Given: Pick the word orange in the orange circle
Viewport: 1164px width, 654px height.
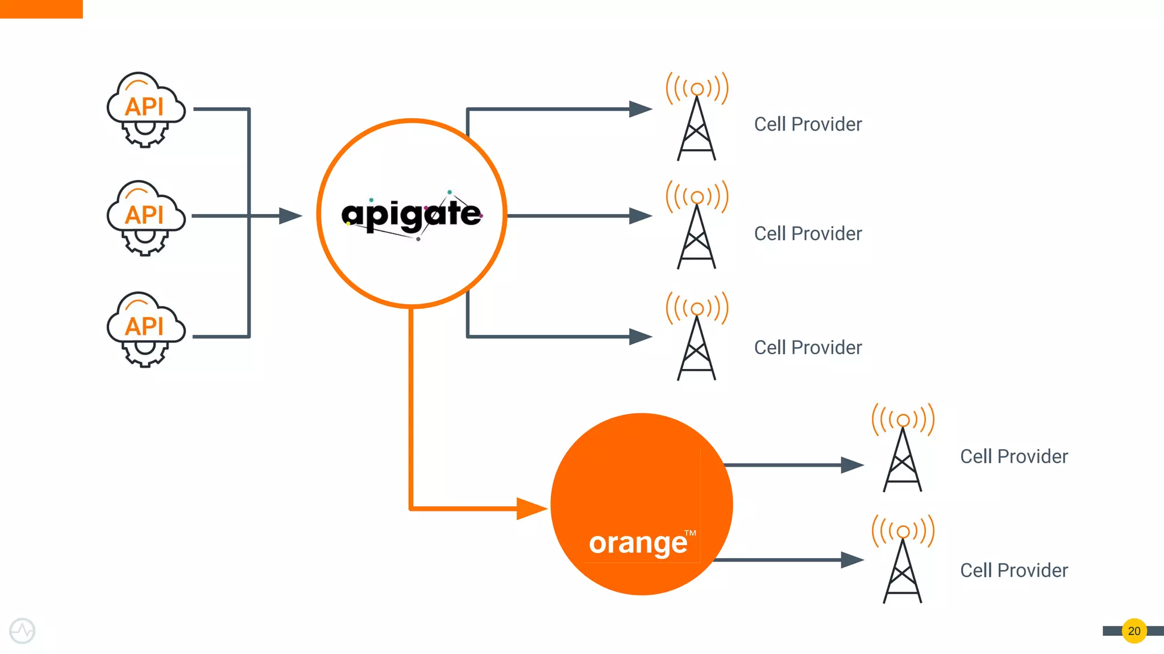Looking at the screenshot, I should click(638, 543).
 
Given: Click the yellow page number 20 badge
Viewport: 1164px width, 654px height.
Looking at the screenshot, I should click(1134, 631).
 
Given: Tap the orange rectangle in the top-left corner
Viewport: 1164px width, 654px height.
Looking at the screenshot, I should click(41, 9).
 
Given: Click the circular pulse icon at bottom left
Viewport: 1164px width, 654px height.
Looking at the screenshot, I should click(22, 631).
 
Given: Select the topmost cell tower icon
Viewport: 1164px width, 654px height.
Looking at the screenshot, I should click(697, 117).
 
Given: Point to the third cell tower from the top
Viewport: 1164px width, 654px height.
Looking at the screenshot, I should click(697, 337).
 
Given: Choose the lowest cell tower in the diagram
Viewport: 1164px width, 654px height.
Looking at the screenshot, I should click(903, 560).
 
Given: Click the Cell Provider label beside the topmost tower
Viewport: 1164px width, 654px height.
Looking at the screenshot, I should click(808, 124).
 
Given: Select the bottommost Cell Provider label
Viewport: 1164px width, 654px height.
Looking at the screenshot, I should click(1014, 571).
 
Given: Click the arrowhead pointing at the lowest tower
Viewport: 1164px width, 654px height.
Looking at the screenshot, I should click(852, 560).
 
